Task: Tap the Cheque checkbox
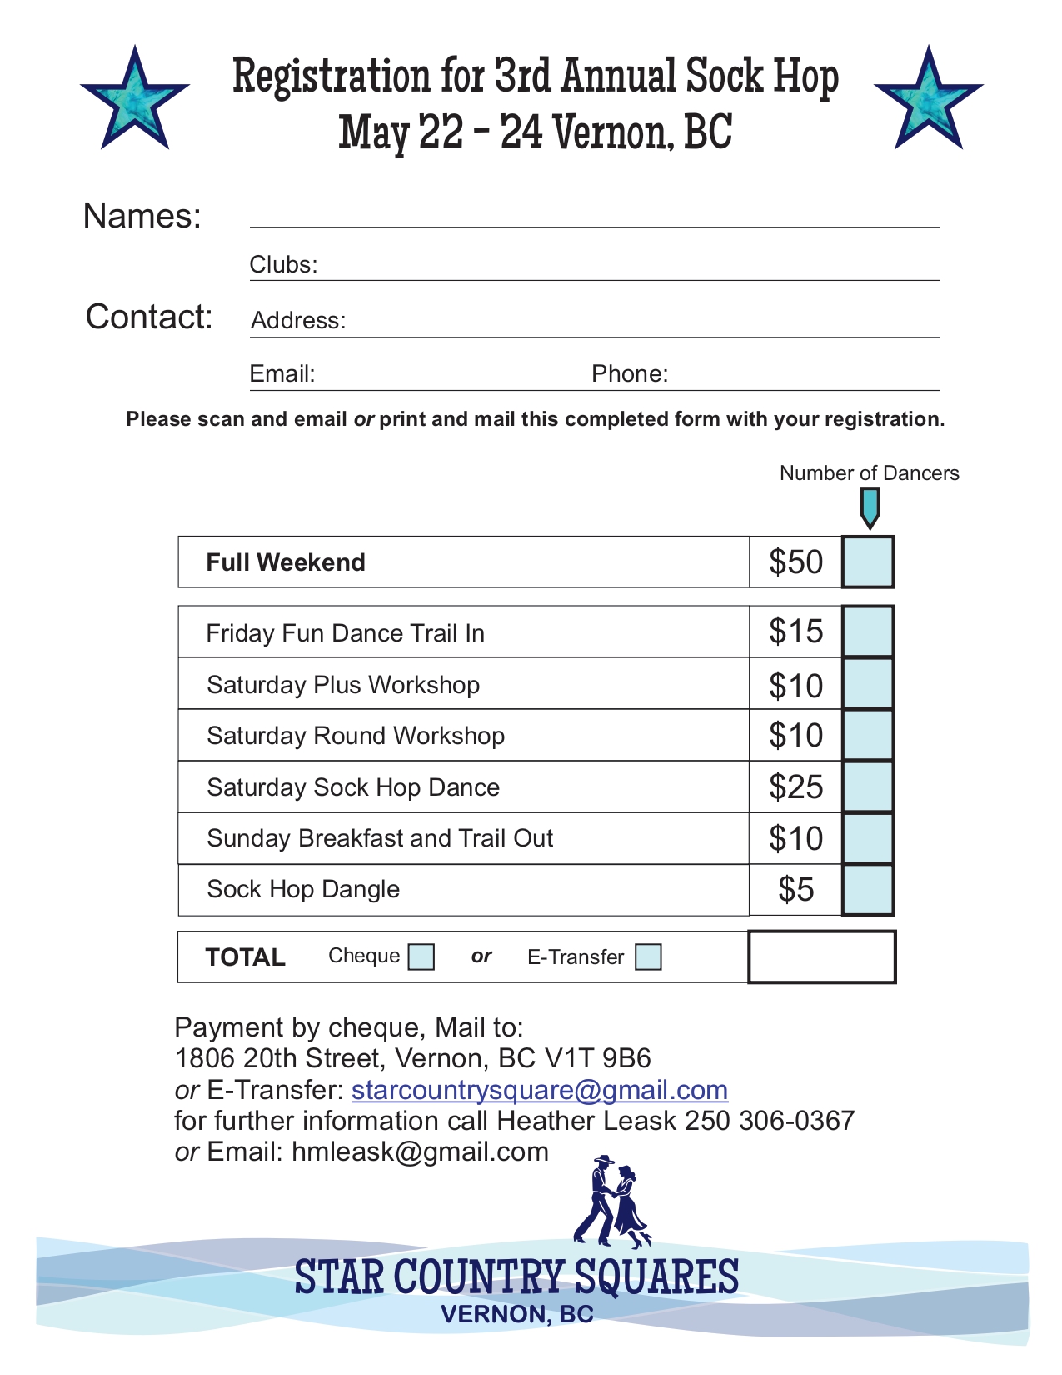pos(421,957)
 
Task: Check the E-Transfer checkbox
pos(648,957)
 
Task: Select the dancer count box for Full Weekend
pos(868,562)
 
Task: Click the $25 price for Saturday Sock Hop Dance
pos(795,787)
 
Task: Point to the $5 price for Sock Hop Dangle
pos(795,890)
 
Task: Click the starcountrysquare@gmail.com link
pos(540,1090)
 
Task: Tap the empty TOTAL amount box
pos(822,957)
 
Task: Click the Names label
pos(142,216)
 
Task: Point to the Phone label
pos(630,373)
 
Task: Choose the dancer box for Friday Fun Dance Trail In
pos(868,632)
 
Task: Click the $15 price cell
pos(795,632)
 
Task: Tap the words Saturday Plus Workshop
pos(343,685)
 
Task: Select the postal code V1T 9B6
pos(597,1058)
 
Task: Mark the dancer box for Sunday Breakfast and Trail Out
pos(868,838)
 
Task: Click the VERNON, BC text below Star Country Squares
pos(517,1314)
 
